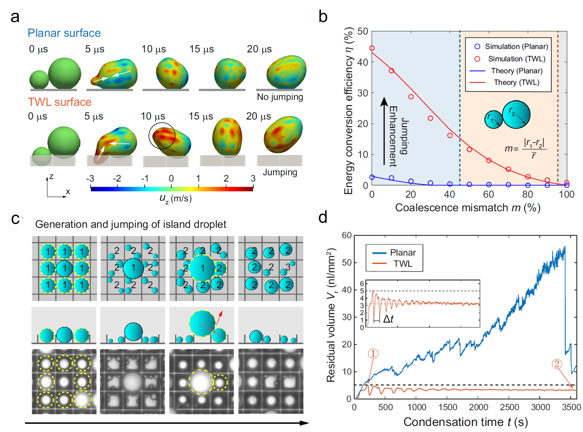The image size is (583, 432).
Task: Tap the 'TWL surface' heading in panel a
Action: [x=60, y=102]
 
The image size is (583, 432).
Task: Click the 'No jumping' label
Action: [x=280, y=97]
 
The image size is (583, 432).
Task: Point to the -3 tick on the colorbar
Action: [x=90, y=179]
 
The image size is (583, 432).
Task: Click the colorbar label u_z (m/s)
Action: [x=175, y=199]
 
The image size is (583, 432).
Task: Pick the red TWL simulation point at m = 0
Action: [x=372, y=48]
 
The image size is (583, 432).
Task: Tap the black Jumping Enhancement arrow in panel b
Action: [x=384, y=131]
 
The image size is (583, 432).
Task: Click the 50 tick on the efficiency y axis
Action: [x=362, y=32]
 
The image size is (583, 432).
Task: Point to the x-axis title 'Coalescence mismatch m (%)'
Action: [x=468, y=208]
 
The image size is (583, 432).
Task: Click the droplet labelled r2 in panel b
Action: [x=516, y=115]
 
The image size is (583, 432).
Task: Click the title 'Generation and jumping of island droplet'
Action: [x=131, y=224]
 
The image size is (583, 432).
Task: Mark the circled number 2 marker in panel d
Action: [x=557, y=364]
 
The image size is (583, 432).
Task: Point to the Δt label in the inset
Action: [x=388, y=319]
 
